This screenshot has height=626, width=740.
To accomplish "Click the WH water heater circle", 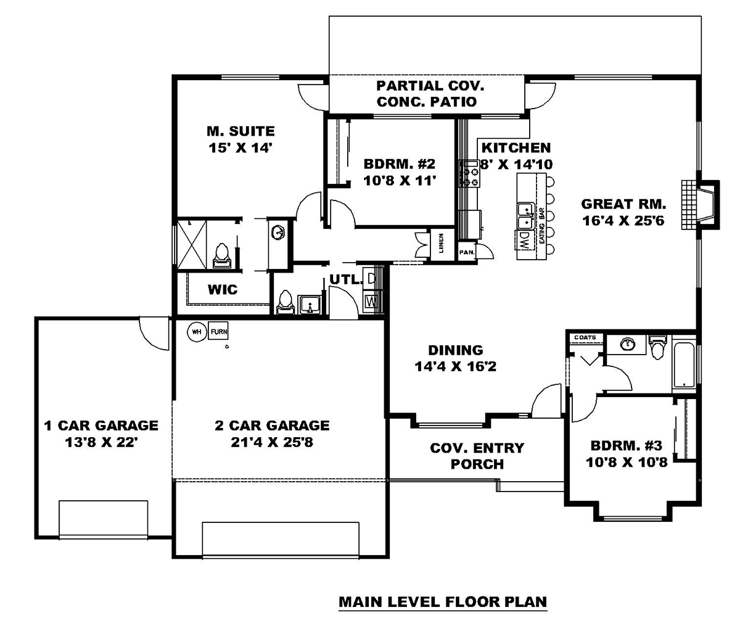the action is (197, 332).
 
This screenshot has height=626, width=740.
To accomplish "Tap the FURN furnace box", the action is (218, 332).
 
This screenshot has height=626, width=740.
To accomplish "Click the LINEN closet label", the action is (441, 244).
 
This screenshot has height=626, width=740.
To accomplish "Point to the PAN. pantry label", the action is (466, 252).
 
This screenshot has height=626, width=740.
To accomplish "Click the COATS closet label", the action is (585, 337).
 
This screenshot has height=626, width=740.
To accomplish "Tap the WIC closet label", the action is (223, 289).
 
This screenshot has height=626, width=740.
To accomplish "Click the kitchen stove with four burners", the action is (469, 174).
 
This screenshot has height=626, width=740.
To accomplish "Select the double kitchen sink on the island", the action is (525, 216).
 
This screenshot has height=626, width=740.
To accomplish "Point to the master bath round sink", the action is (278, 233).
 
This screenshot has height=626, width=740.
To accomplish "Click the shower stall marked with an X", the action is (192, 244).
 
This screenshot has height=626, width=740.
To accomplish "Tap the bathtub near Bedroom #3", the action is (683, 366).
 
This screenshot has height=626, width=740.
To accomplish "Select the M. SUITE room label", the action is (240, 131).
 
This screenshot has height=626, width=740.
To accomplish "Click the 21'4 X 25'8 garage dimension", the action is (272, 442).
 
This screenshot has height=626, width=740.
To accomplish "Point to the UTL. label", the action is (345, 279).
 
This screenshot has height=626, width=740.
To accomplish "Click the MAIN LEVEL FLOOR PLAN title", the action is (443, 602).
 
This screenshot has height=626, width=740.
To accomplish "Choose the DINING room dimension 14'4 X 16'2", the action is (455, 367).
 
